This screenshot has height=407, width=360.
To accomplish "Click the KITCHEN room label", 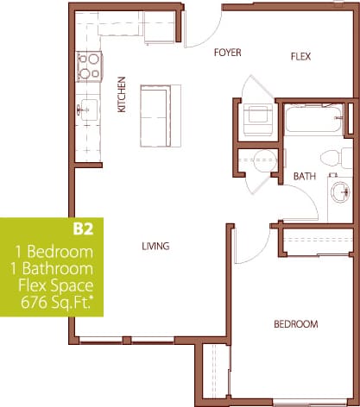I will [x=122, y=97].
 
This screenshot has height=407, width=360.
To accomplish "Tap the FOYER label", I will [x=228, y=53].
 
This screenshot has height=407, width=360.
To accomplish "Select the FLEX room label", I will [x=299, y=57].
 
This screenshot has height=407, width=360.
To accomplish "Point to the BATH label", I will [x=306, y=176].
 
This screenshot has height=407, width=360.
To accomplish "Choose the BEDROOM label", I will [x=295, y=325].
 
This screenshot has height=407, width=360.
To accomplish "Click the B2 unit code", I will [x=83, y=230].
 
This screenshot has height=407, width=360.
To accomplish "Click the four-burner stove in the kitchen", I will [x=88, y=63].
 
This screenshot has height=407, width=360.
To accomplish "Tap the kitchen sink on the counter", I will [x=86, y=110].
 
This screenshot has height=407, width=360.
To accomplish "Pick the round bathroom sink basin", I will [x=338, y=191].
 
